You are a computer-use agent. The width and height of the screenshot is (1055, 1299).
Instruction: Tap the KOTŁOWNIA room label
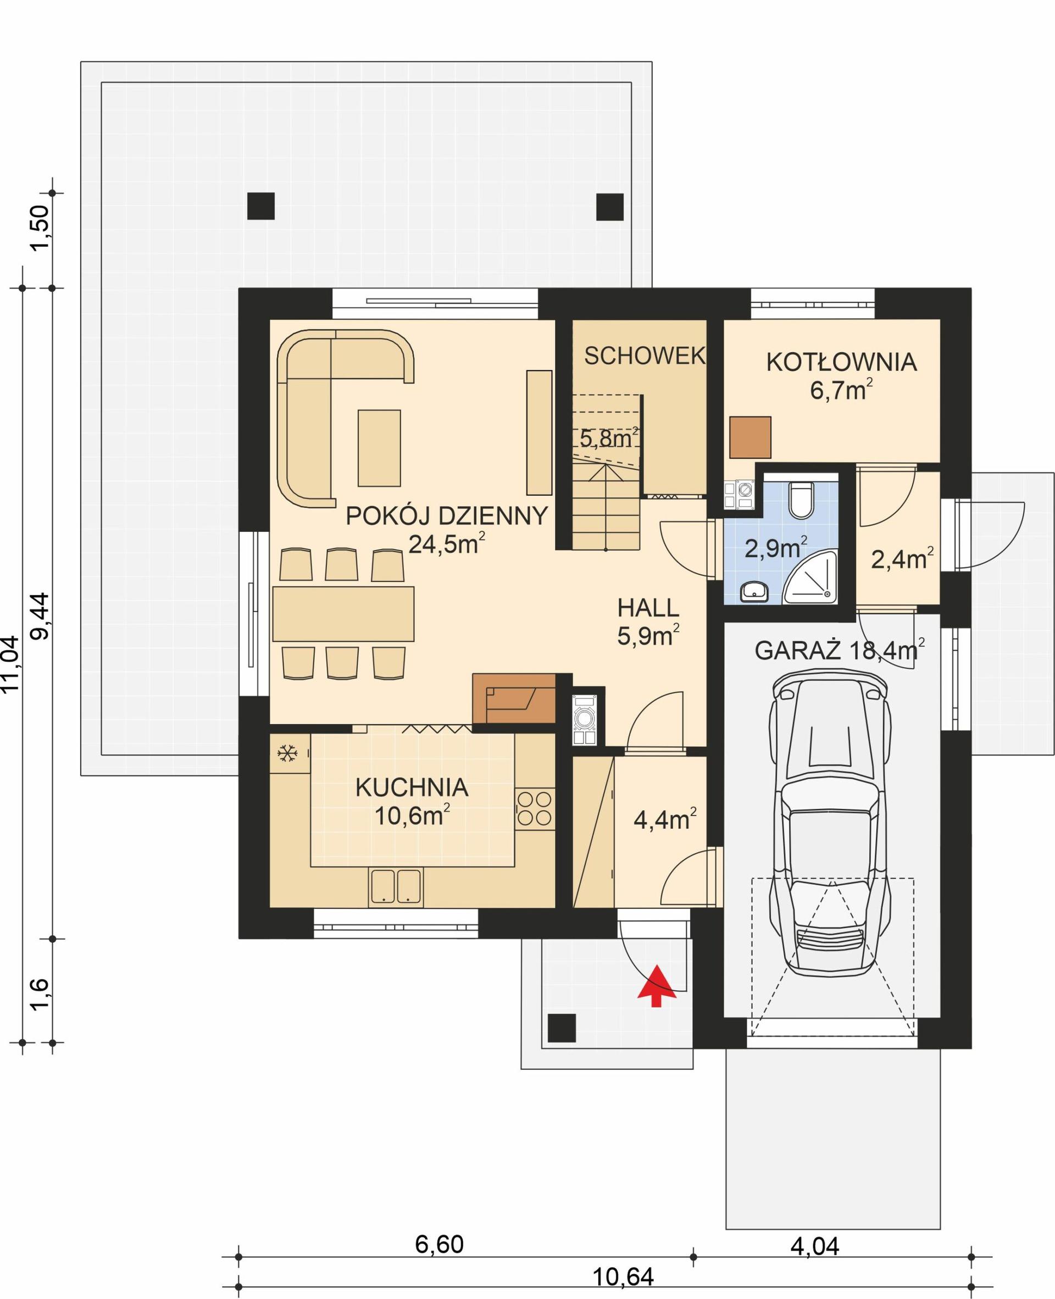coord(841,362)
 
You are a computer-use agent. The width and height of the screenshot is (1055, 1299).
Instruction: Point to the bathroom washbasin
coord(755,591)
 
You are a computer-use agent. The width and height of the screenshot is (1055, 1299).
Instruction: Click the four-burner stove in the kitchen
coord(535,809)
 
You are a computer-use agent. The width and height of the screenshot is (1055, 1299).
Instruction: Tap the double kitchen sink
coord(396,886)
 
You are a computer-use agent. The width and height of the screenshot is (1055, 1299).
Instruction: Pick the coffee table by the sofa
coord(379,448)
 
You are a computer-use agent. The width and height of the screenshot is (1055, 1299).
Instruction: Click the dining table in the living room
coord(343,614)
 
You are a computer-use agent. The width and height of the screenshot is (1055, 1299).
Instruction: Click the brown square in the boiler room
coord(750,437)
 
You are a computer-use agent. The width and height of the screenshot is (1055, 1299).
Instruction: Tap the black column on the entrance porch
coord(562,1028)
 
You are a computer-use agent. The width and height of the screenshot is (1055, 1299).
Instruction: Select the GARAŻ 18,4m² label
coord(839,651)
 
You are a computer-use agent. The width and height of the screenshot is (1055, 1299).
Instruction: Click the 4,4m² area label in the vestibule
coord(664,820)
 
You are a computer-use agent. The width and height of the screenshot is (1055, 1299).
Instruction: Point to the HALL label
coord(648,608)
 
